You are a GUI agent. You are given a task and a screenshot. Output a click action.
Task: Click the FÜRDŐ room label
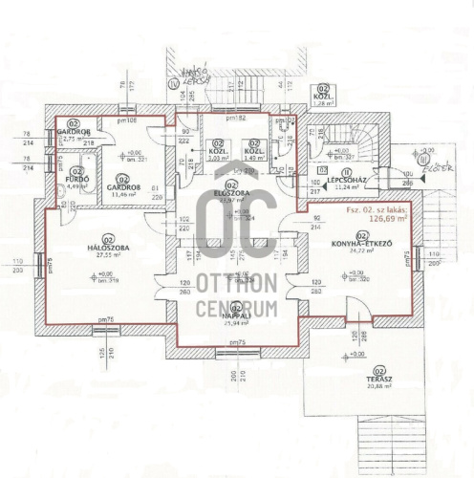click(76, 178)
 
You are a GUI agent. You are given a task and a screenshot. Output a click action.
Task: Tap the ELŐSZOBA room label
click(229, 193)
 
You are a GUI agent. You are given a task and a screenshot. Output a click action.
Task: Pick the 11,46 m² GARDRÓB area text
click(122, 194)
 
